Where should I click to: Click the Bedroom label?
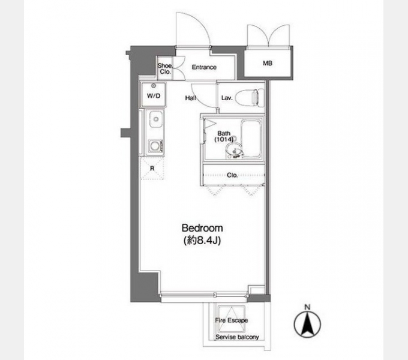coord(202,228)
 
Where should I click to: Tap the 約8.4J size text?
coord(202,241)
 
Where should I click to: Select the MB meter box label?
coord(268,63)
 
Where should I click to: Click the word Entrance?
coord(204,67)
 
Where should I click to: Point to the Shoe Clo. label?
coord(165,69)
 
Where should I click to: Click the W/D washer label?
coord(154,96)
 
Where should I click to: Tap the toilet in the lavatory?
coord(249,97)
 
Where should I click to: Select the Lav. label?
coord(227,98)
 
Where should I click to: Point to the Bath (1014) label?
coord(224,137)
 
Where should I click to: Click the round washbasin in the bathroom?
coord(233,150)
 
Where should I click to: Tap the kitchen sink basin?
coord(156,119)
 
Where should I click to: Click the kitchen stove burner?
coord(155,146)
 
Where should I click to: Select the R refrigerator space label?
coord(152,169)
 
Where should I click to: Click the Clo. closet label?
coord(232,175)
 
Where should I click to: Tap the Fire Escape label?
coord(232,320)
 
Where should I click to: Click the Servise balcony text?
coord(238,337)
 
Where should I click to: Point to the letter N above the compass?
coord(308,307)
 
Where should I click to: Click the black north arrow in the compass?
coord(308,325)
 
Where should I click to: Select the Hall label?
coord(190,98)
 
